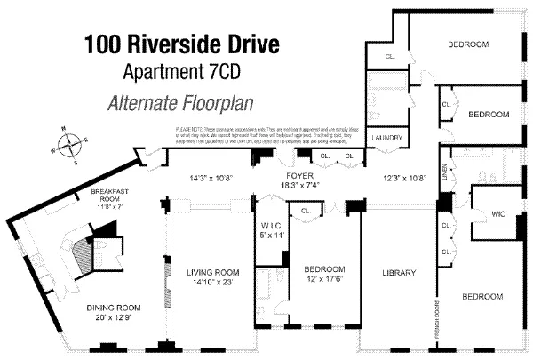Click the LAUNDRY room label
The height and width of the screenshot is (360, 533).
[388, 139]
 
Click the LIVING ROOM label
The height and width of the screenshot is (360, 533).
[213, 272]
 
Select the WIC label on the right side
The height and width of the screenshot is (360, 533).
[498, 213]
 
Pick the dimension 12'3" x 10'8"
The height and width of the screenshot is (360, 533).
[405, 178]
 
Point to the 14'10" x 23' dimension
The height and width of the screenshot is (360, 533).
[213, 283]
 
